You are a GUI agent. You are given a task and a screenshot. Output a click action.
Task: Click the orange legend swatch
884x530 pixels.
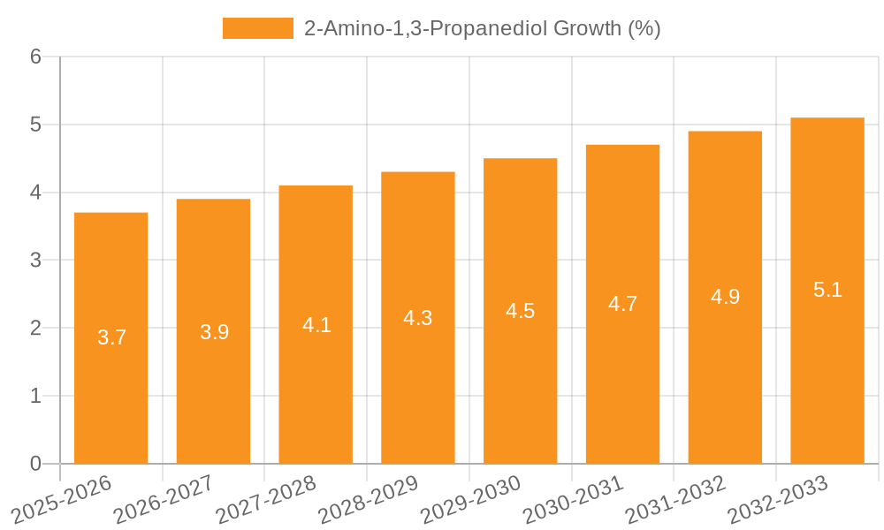point(257,28)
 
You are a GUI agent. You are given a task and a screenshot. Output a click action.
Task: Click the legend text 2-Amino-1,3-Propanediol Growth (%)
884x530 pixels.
point(482,28)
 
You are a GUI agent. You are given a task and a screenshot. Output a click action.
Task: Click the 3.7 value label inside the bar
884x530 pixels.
point(111,337)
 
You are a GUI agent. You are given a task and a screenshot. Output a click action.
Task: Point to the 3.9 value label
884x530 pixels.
point(214,332)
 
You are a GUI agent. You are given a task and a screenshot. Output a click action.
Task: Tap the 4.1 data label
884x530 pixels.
point(316,325)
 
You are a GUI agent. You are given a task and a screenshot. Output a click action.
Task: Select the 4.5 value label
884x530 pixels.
point(520,311)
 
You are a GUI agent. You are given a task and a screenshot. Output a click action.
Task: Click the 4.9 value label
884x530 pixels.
point(725,297)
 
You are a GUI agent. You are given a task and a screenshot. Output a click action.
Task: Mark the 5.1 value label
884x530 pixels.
point(827,290)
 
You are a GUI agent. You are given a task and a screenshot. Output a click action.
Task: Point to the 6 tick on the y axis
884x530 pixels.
point(35,57)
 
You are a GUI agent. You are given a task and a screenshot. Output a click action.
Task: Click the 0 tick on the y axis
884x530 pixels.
point(35,464)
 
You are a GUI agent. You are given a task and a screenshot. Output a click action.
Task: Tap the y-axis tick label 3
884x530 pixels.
point(35,261)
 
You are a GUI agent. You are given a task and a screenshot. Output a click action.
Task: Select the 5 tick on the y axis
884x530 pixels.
point(35,125)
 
